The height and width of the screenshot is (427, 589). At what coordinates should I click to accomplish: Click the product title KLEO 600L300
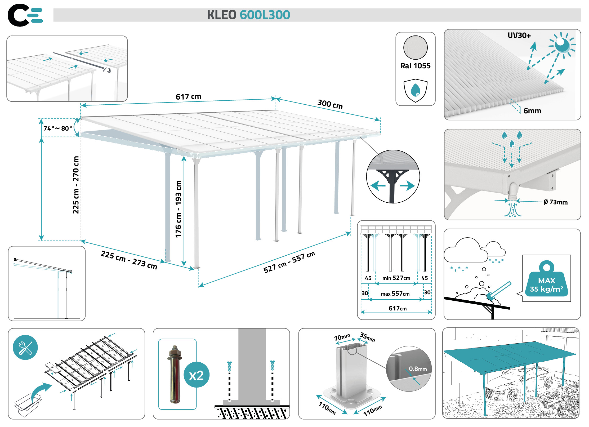(248, 15)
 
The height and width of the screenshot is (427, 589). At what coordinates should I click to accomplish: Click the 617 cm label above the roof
(188, 97)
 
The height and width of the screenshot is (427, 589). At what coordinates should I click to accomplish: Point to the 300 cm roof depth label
(330, 104)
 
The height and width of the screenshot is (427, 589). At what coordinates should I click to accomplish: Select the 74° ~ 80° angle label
(58, 128)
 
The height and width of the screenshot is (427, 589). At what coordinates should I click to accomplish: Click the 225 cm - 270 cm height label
(76, 185)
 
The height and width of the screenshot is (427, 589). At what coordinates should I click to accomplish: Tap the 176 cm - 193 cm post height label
(179, 209)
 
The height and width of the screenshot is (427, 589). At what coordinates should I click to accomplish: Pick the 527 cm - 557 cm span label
(289, 262)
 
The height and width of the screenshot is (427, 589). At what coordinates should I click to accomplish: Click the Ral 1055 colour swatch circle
(415, 47)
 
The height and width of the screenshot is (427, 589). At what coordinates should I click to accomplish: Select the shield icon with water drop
(415, 90)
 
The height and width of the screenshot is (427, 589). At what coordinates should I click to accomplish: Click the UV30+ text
(519, 35)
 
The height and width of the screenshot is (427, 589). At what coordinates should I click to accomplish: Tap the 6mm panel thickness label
(532, 111)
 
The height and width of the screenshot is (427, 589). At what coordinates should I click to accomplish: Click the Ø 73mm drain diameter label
(555, 202)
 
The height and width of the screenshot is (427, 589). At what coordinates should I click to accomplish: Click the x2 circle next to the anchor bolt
(196, 375)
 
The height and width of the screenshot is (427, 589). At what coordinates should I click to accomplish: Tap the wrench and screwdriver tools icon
(25, 347)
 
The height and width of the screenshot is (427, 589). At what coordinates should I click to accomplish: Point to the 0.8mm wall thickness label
(418, 369)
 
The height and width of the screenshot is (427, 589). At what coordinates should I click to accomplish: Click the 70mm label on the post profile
(342, 337)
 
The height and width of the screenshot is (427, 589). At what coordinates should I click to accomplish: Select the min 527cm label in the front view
(396, 278)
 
